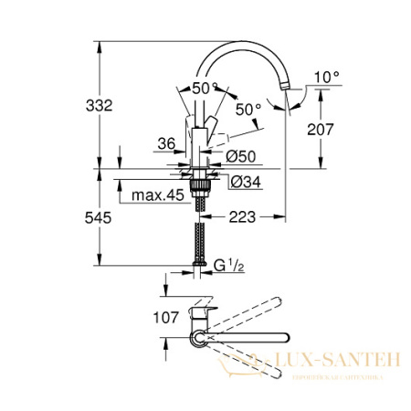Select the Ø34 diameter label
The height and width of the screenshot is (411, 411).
click(240, 182)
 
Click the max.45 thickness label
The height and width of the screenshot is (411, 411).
click(155, 196)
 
